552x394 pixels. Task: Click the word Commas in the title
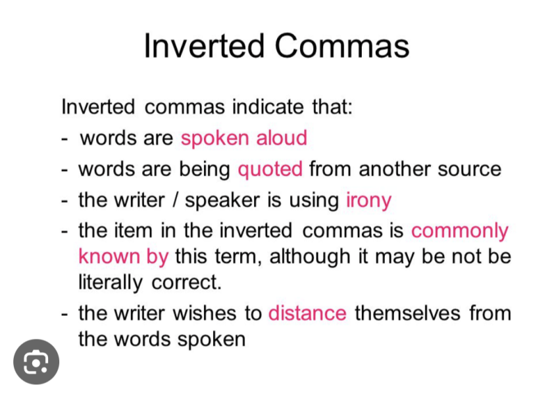coord(342,46)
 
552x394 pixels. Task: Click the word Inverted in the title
coord(204,46)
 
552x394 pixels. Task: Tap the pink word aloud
coord(282,137)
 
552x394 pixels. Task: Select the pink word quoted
coord(270,170)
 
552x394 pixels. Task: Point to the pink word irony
coord(368,201)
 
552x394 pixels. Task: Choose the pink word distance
coord(307,313)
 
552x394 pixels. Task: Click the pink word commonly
coord(460,232)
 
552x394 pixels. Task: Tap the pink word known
coord(109,256)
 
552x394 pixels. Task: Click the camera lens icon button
coord(36,362)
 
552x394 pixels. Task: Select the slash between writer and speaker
coord(174,200)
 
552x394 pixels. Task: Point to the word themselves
coord(407,313)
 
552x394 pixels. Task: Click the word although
coord(310,257)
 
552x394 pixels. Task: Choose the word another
coord(394,169)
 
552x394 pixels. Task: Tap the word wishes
coord(204,313)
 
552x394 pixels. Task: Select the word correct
coord(187,282)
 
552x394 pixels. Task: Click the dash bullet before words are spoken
coord(64,139)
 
